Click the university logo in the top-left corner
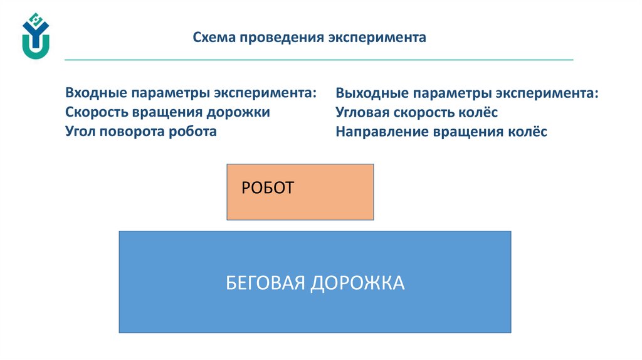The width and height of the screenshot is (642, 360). (35, 36)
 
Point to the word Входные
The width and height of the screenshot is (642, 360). (95, 93)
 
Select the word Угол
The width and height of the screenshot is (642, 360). (80, 132)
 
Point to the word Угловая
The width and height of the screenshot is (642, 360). (363, 113)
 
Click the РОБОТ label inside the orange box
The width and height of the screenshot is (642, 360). (267, 188)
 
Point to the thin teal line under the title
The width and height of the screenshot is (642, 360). (318, 60)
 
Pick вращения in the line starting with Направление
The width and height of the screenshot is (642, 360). (466, 132)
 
